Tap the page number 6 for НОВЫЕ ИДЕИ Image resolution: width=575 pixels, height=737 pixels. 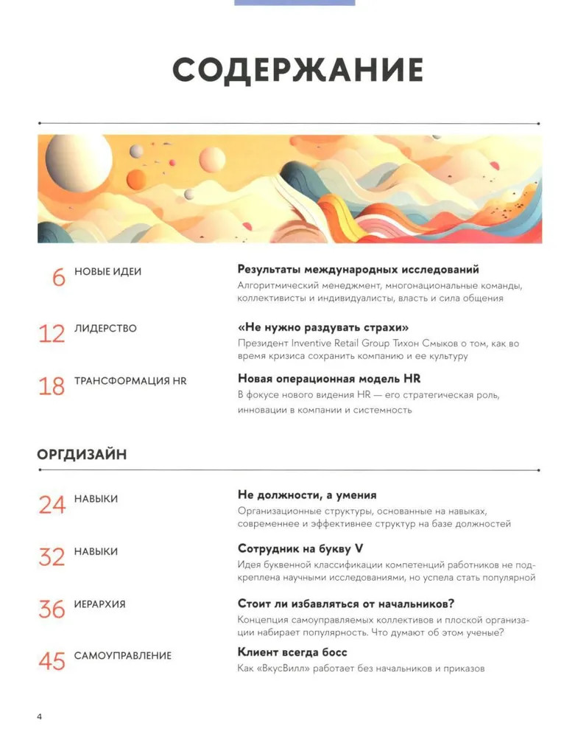[x=58, y=277]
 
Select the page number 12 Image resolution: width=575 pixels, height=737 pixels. [x=52, y=334]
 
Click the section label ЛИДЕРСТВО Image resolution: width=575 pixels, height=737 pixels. [x=105, y=329]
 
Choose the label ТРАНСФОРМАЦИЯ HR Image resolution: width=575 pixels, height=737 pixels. [x=130, y=381]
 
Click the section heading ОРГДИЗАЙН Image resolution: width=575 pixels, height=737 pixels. [x=82, y=455]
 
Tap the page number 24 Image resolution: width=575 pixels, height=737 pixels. [x=52, y=505]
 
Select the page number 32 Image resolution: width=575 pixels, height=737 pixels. [x=52, y=557]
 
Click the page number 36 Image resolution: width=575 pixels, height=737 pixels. [x=52, y=609]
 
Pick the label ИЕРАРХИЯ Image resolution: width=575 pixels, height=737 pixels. [x=99, y=604]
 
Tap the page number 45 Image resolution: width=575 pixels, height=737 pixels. [x=52, y=661]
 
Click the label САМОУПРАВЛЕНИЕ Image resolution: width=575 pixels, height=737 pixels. [x=122, y=655]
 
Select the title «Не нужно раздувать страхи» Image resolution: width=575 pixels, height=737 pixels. [x=323, y=327]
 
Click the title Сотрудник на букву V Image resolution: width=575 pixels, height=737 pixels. [x=301, y=548]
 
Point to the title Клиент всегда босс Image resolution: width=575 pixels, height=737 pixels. [x=292, y=652]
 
